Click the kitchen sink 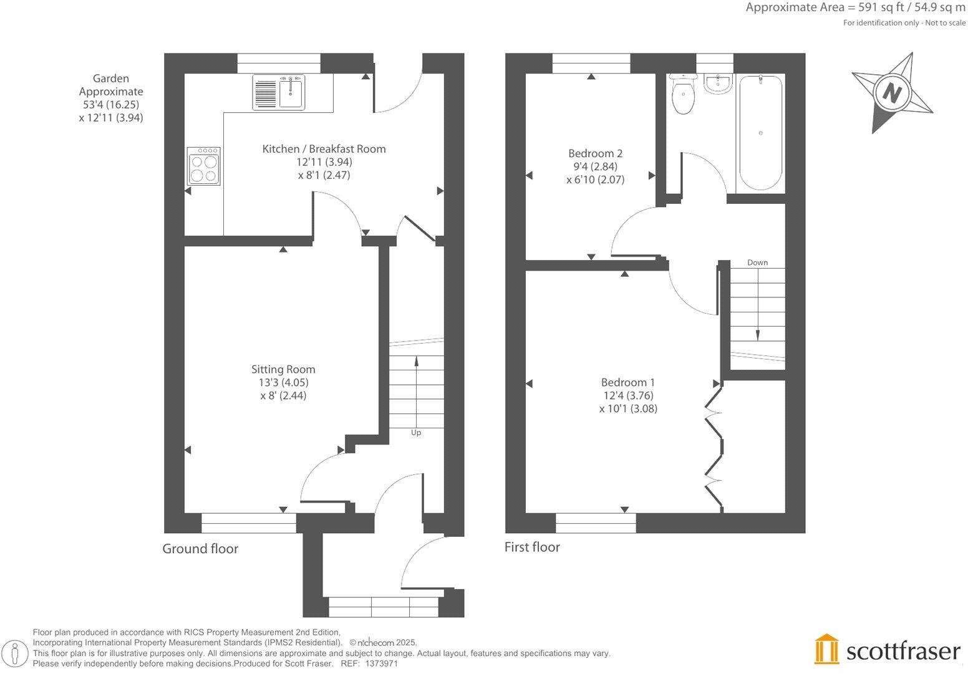[x=279, y=92]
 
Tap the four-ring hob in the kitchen [x=204, y=166]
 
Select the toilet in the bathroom [x=683, y=95]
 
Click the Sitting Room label [x=283, y=369]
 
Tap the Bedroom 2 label [x=595, y=153]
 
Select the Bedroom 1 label [x=627, y=382]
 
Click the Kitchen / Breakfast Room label [x=324, y=149]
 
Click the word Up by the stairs [x=416, y=432]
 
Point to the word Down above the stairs [x=757, y=262]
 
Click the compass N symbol [x=893, y=93]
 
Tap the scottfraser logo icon [x=827, y=649]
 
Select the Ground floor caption [x=200, y=549]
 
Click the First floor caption [x=532, y=547]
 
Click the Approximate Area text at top [x=855, y=8]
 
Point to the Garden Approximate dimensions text [x=111, y=98]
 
